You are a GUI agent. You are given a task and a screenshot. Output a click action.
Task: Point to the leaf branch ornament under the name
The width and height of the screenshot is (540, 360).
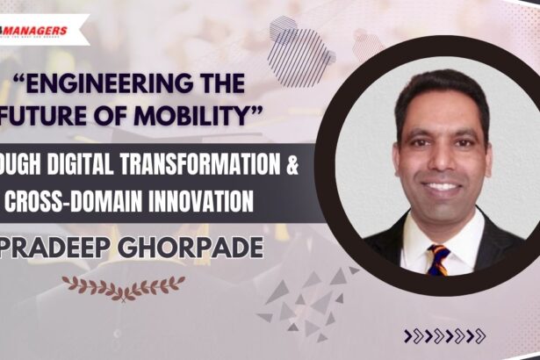point(123,284)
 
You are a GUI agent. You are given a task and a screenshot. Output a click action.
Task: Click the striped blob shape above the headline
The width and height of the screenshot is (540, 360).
point(301,53)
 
